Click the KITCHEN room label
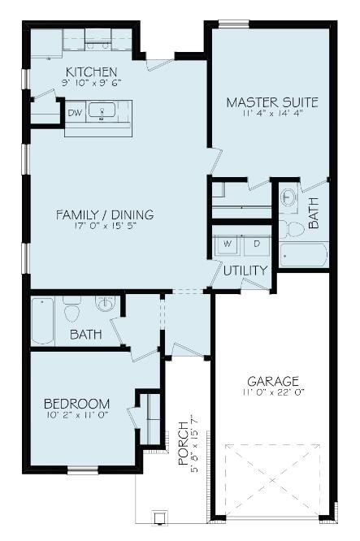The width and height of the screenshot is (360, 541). pyautogui.click(x=91, y=71)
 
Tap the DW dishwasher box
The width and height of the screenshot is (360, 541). pyautogui.click(x=75, y=113)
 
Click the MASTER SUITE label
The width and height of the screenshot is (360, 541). pyautogui.click(x=271, y=102)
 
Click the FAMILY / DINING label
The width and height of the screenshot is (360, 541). pyautogui.click(x=104, y=214)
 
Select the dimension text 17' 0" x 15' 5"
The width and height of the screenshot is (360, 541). pyautogui.click(x=104, y=227)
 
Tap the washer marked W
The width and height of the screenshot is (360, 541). pyautogui.click(x=228, y=243)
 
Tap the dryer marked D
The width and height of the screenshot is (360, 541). pyautogui.click(x=256, y=243)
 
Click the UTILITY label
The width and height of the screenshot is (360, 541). pyautogui.click(x=245, y=270)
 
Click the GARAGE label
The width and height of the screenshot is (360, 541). pyautogui.click(x=273, y=380)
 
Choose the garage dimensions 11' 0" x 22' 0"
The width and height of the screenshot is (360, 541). pyautogui.click(x=273, y=393)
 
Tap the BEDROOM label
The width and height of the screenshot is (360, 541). pyautogui.click(x=76, y=404)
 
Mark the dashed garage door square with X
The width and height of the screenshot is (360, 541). pyautogui.click(x=273, y=480)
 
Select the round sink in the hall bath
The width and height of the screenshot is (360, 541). pyautogui.click(x=105, y=304)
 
